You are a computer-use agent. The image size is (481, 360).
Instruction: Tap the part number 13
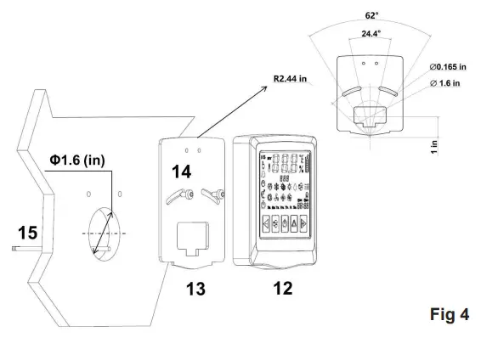(x=197, y=289)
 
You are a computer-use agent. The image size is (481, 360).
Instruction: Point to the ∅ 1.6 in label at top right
(x=449, y=82)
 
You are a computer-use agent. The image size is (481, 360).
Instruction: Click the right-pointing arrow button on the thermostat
(x=319, y=227)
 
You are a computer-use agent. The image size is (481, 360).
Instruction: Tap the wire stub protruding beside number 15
(x=17, y=250)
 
